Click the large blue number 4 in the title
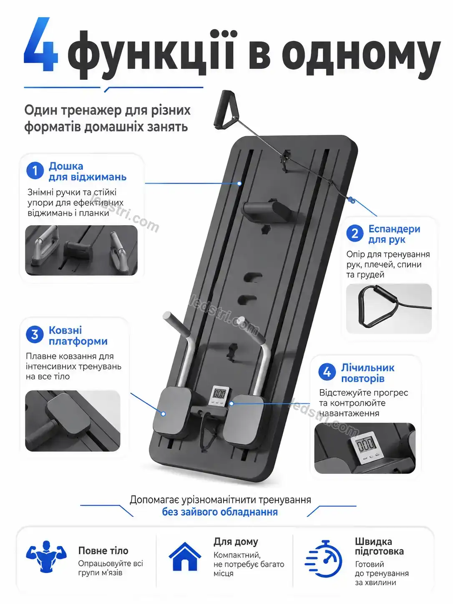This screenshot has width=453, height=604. coord(41,44)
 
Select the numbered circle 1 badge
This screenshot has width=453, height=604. coord(35,170)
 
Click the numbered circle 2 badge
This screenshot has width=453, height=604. coord(355,233)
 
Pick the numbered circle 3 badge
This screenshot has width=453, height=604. coord(35,335)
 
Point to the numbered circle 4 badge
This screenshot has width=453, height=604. coord(327,372)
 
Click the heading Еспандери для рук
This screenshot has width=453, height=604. coord(394,234)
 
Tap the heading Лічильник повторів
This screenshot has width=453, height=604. coord(368,373)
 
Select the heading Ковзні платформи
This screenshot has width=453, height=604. coord(78,335)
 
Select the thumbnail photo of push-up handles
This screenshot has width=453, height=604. coord(81,250)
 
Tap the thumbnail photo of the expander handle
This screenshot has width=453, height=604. coord(389,309)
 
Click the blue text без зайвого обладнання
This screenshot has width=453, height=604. coord(220,512)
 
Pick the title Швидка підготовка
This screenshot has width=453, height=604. coord(379,546)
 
